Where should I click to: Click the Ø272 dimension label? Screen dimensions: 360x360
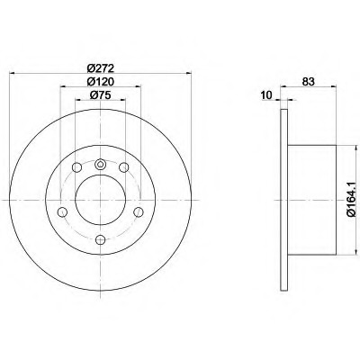pos(101,68)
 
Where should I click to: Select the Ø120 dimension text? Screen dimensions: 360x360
pos(101,81)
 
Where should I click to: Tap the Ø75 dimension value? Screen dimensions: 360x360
pos(101,94)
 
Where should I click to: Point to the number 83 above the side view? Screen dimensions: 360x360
pos(309,81)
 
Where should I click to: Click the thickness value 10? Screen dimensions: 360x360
pos(266,95)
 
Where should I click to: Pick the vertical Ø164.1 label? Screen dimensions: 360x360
pos(351,199)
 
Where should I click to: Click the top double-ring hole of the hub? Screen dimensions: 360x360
pos(100,164)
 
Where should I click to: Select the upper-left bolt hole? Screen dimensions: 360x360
pos(76,167)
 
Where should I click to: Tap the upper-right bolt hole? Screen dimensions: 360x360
pos(123,167)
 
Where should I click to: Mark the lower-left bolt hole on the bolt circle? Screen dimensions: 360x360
pos(62,212)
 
